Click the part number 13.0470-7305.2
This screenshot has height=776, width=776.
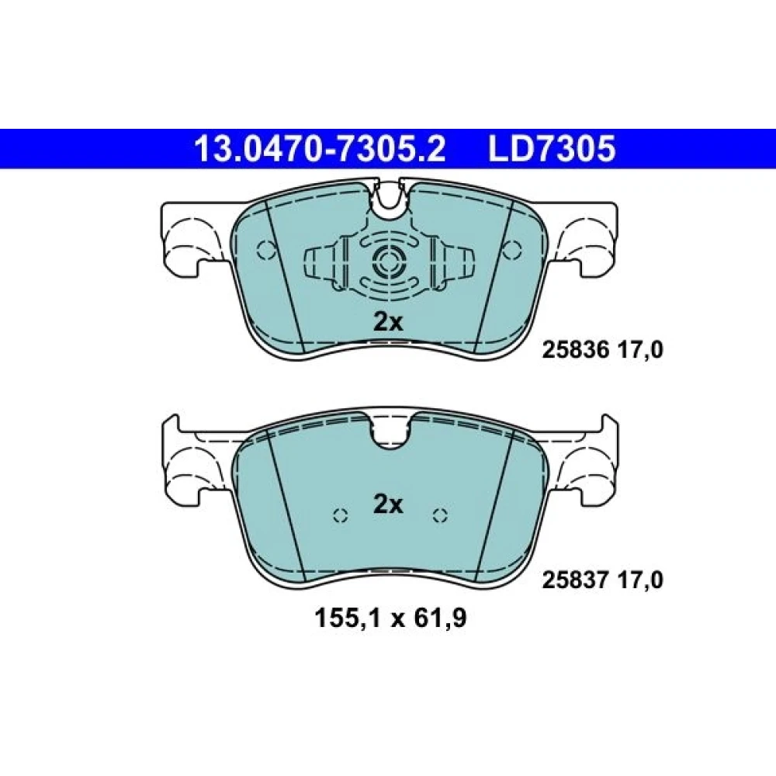click(320, 148)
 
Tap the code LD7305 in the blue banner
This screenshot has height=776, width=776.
click(552, 148)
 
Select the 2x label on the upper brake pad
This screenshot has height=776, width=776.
click(388, 323)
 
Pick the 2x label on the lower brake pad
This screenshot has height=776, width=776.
click(388, 505)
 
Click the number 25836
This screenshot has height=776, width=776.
click(576, 351)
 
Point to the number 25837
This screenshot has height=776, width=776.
click(576, 580)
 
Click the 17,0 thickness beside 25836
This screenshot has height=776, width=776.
click(640, 351)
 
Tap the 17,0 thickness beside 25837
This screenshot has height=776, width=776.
click(640, 580)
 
